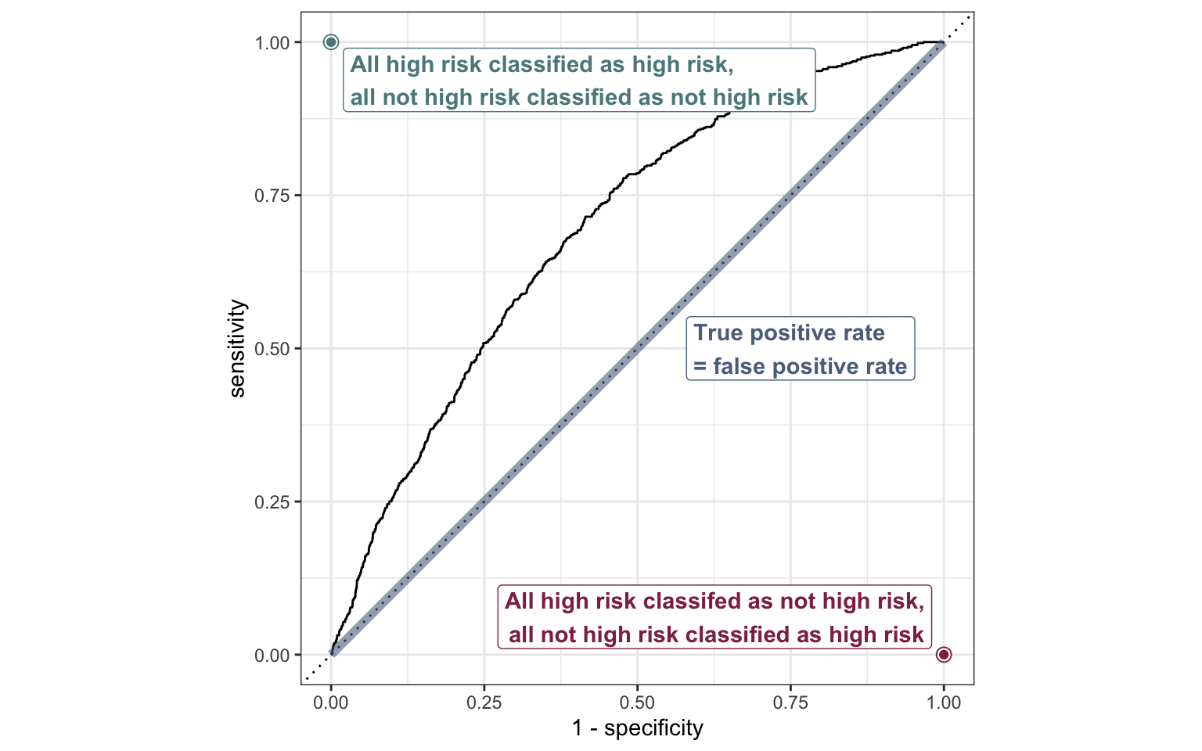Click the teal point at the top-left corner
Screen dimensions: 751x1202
tap(331, 42)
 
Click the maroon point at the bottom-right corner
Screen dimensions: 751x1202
tap(944, 655)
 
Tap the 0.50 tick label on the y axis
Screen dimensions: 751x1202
tap(272, 348)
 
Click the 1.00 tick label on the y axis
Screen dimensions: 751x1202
tap(272, 42)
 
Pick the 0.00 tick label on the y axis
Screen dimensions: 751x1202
tap(272, 655)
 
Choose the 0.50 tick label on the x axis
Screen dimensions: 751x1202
tap(638, 702)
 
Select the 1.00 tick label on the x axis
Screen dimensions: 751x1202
tap(944, 702)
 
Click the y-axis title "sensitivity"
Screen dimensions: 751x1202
tap(238, 348)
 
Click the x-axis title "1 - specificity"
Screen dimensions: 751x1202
tap(638, 729)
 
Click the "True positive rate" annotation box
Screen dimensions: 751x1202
tap(800, 349)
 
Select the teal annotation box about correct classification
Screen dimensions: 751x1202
tap(579, 80)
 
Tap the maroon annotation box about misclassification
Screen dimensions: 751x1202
tap(714, 617)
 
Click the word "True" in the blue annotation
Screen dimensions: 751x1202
tap(718, 333)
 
